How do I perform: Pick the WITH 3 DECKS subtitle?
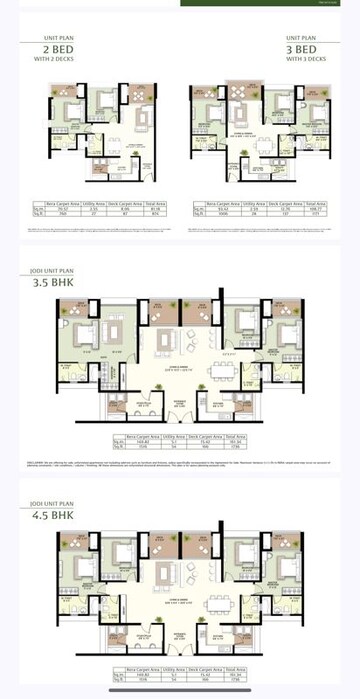click(306, 58)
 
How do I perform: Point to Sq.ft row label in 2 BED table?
click(37, 212)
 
